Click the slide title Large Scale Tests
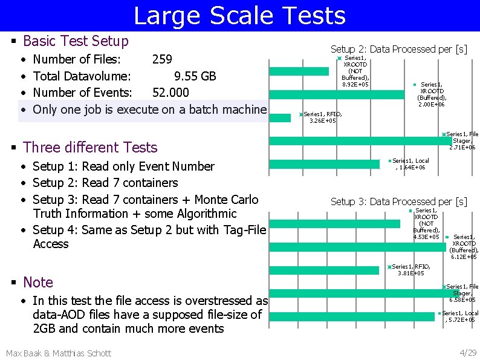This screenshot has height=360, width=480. [x=239, y=16]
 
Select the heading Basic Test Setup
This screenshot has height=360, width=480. [x=76, y=41]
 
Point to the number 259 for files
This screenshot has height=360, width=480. [x=162, y=59]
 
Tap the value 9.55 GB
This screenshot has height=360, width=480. [x=195, y=76]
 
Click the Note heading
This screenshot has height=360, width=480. [x=38, y=282]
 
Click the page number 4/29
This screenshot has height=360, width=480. [x=468, y=353]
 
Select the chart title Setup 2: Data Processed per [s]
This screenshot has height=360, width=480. [x=398, y=49]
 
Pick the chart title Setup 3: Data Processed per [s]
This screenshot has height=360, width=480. [x=398, y=201]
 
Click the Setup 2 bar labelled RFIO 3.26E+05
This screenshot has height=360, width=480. [x=279, y=117]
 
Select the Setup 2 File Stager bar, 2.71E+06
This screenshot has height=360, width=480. [x=356, y=141]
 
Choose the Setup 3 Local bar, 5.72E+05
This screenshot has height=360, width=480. [x=351, y=316]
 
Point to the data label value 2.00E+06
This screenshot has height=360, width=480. [x=432, y=105]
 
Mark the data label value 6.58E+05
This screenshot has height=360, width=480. [x=462, y=299]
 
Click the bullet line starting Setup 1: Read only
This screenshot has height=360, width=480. [x=123, y=166]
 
